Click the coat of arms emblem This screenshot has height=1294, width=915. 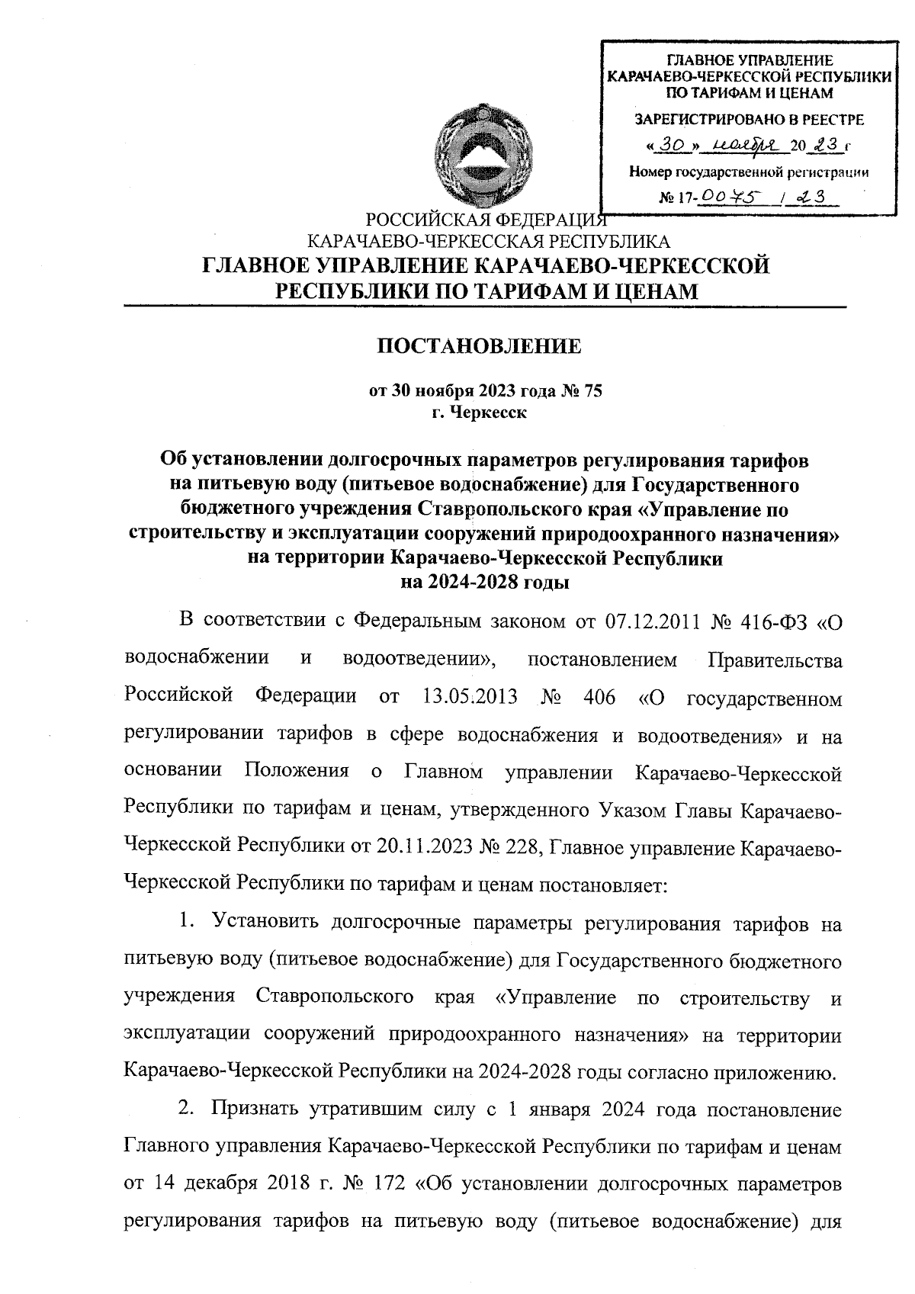click(477, 157)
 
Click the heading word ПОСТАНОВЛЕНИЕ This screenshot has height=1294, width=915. click(480, 348)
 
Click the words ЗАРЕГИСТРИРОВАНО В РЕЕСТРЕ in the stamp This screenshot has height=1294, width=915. click(750, 120)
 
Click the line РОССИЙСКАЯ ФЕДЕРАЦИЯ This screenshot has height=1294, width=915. click(486, 221)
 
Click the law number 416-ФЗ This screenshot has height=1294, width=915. click(772, 622)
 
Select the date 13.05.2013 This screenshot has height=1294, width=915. click(469, 696)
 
